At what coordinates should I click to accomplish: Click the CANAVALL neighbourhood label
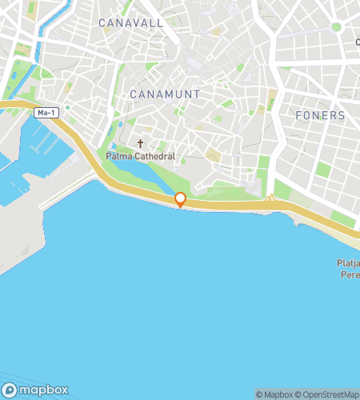(131, 23)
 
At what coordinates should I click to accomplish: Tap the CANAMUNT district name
(164, 94)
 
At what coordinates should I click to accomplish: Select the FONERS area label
(319, 115)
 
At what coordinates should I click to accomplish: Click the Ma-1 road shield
(46, 113)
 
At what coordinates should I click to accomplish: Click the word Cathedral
(156, 157)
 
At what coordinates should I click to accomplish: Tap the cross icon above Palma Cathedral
(140, 144)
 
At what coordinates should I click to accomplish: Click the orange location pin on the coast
(181, 199)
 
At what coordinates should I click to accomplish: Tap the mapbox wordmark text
(43, 390)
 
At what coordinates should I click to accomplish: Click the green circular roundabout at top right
(337, 27)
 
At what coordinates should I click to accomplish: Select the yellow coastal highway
(240, 206)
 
